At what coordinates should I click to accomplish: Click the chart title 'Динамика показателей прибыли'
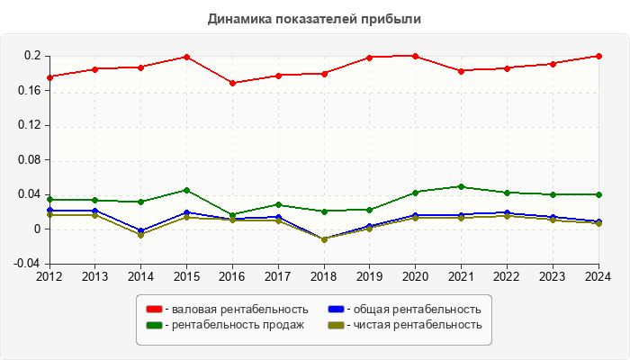314,18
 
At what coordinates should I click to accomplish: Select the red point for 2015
187,57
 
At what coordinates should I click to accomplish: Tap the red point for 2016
233,83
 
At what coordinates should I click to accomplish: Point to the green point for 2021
462,186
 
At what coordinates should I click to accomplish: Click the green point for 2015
187,190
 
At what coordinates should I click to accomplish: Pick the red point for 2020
416,56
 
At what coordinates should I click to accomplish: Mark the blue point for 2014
141,230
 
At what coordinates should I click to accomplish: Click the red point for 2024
598,56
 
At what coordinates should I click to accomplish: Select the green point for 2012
49,200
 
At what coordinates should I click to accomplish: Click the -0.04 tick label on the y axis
29,263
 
